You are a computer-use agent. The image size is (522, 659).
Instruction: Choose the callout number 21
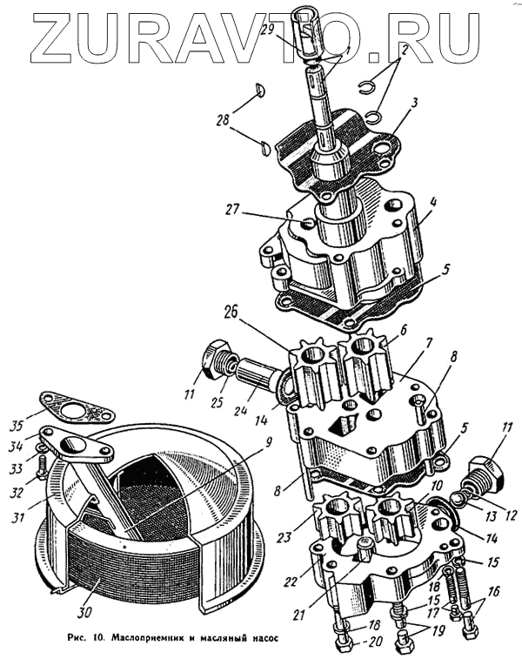point(302,615)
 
